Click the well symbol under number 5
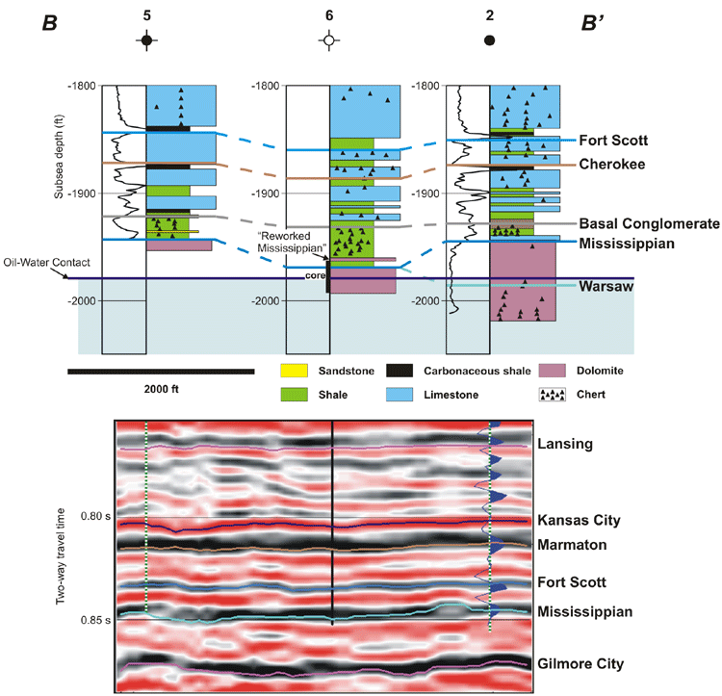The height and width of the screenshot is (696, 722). coord(147,40)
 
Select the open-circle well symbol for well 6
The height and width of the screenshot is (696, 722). coord(329,40)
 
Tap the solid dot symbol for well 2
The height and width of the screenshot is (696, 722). coord(489,40)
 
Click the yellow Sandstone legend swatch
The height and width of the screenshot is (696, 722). coord(295,371)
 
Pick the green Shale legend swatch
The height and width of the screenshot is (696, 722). coord(295,395)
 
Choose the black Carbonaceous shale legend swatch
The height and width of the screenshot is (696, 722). coord(400,371)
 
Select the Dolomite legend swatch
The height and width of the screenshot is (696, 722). coord(553,371)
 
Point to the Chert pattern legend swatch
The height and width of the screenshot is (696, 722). coord(553,395)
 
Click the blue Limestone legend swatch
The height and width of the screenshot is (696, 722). coord(400,395)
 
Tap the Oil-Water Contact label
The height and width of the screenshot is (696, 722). coord(46,263)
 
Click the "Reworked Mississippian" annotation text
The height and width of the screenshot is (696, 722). coord(291,243)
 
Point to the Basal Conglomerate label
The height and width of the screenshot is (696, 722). coord(649,223)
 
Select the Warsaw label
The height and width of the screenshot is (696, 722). coord(606,286)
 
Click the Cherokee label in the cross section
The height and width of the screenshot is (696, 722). coord(612,165)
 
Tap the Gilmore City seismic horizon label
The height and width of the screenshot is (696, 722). coord(580,664)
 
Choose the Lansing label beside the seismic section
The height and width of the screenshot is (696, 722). coord(565,444)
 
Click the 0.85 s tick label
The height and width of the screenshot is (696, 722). coord(95,620)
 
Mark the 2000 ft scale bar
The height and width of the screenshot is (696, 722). coord(161,372)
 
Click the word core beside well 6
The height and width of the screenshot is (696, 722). coord(316,275)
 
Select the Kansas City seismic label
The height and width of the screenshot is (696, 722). coord(579,520)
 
